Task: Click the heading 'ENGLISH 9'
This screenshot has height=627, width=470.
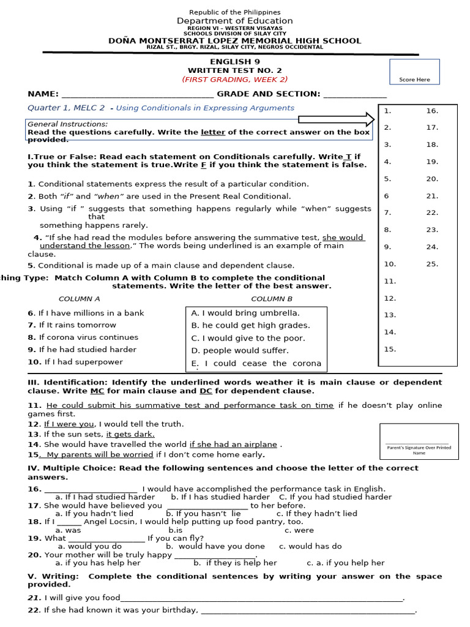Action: [x=231, y=62]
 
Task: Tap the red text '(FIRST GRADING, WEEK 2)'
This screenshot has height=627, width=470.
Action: [x=234, y=80]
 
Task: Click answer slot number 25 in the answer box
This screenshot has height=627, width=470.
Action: [x=432, y=264]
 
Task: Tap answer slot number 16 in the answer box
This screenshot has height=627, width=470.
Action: [x=432, y=111]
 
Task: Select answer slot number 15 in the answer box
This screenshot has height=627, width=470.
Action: [x=390, y=349]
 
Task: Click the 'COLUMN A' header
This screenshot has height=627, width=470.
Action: [x=79, y=299]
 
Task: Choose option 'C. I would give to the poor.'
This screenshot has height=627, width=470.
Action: [x=248, y=338]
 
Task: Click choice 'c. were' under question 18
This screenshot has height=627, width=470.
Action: [x=299, y=530]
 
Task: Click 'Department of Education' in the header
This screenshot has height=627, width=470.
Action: [x=235, y=21]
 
